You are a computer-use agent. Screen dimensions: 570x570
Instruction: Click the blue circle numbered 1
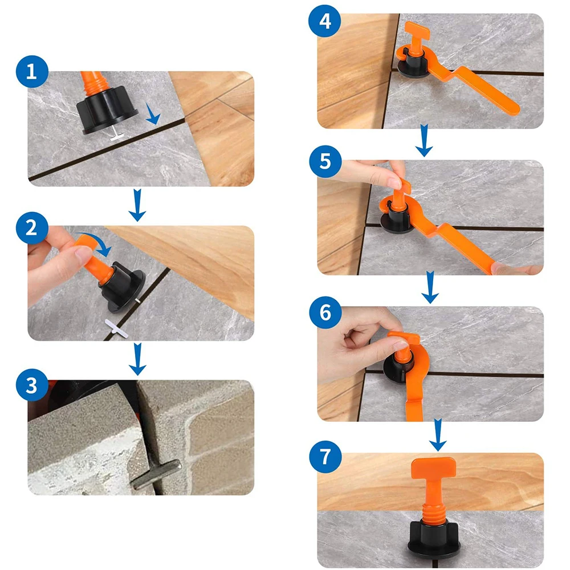[32, 72]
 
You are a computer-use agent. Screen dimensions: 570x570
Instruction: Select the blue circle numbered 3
[32, 385]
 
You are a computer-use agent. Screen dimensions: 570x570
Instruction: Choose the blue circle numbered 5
[325, 161]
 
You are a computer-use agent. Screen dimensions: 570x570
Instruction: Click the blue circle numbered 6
[325, 313]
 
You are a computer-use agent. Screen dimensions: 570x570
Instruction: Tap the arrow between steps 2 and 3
[137, 359]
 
